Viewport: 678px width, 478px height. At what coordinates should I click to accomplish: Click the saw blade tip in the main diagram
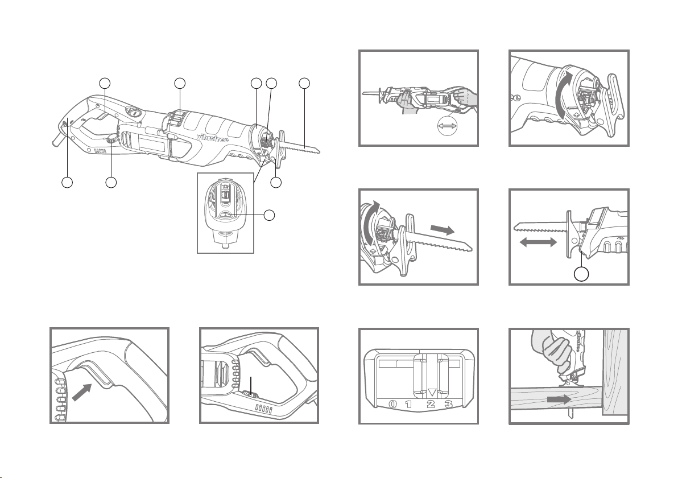(x=319, y=151)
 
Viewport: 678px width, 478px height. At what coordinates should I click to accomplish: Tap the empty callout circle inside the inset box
(x=270, y=215)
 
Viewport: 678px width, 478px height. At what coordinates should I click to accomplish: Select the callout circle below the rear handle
(x=67, y=183)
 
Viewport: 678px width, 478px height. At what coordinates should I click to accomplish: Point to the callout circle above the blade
(x=305, y=83)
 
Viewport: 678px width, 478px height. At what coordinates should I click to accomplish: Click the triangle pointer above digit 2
(x=432, y=392)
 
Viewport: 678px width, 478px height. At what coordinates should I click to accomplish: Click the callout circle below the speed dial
(x=111, y=183)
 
